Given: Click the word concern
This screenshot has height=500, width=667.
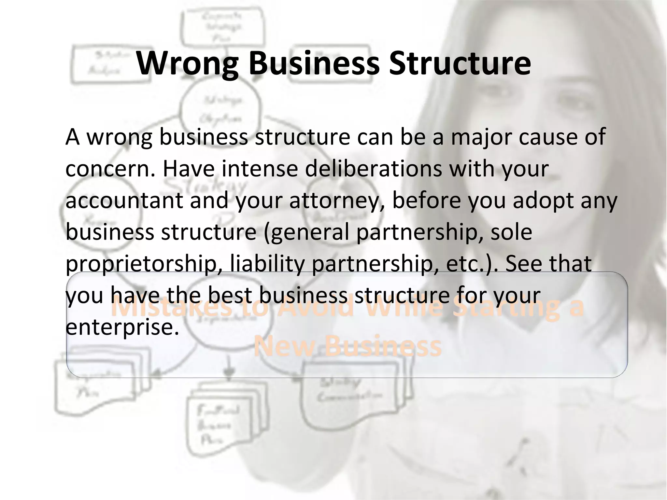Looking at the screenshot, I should (109, 169).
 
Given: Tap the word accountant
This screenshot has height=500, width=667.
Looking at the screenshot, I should (124, 201).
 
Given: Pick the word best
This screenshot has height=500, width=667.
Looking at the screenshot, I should (230, 296).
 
